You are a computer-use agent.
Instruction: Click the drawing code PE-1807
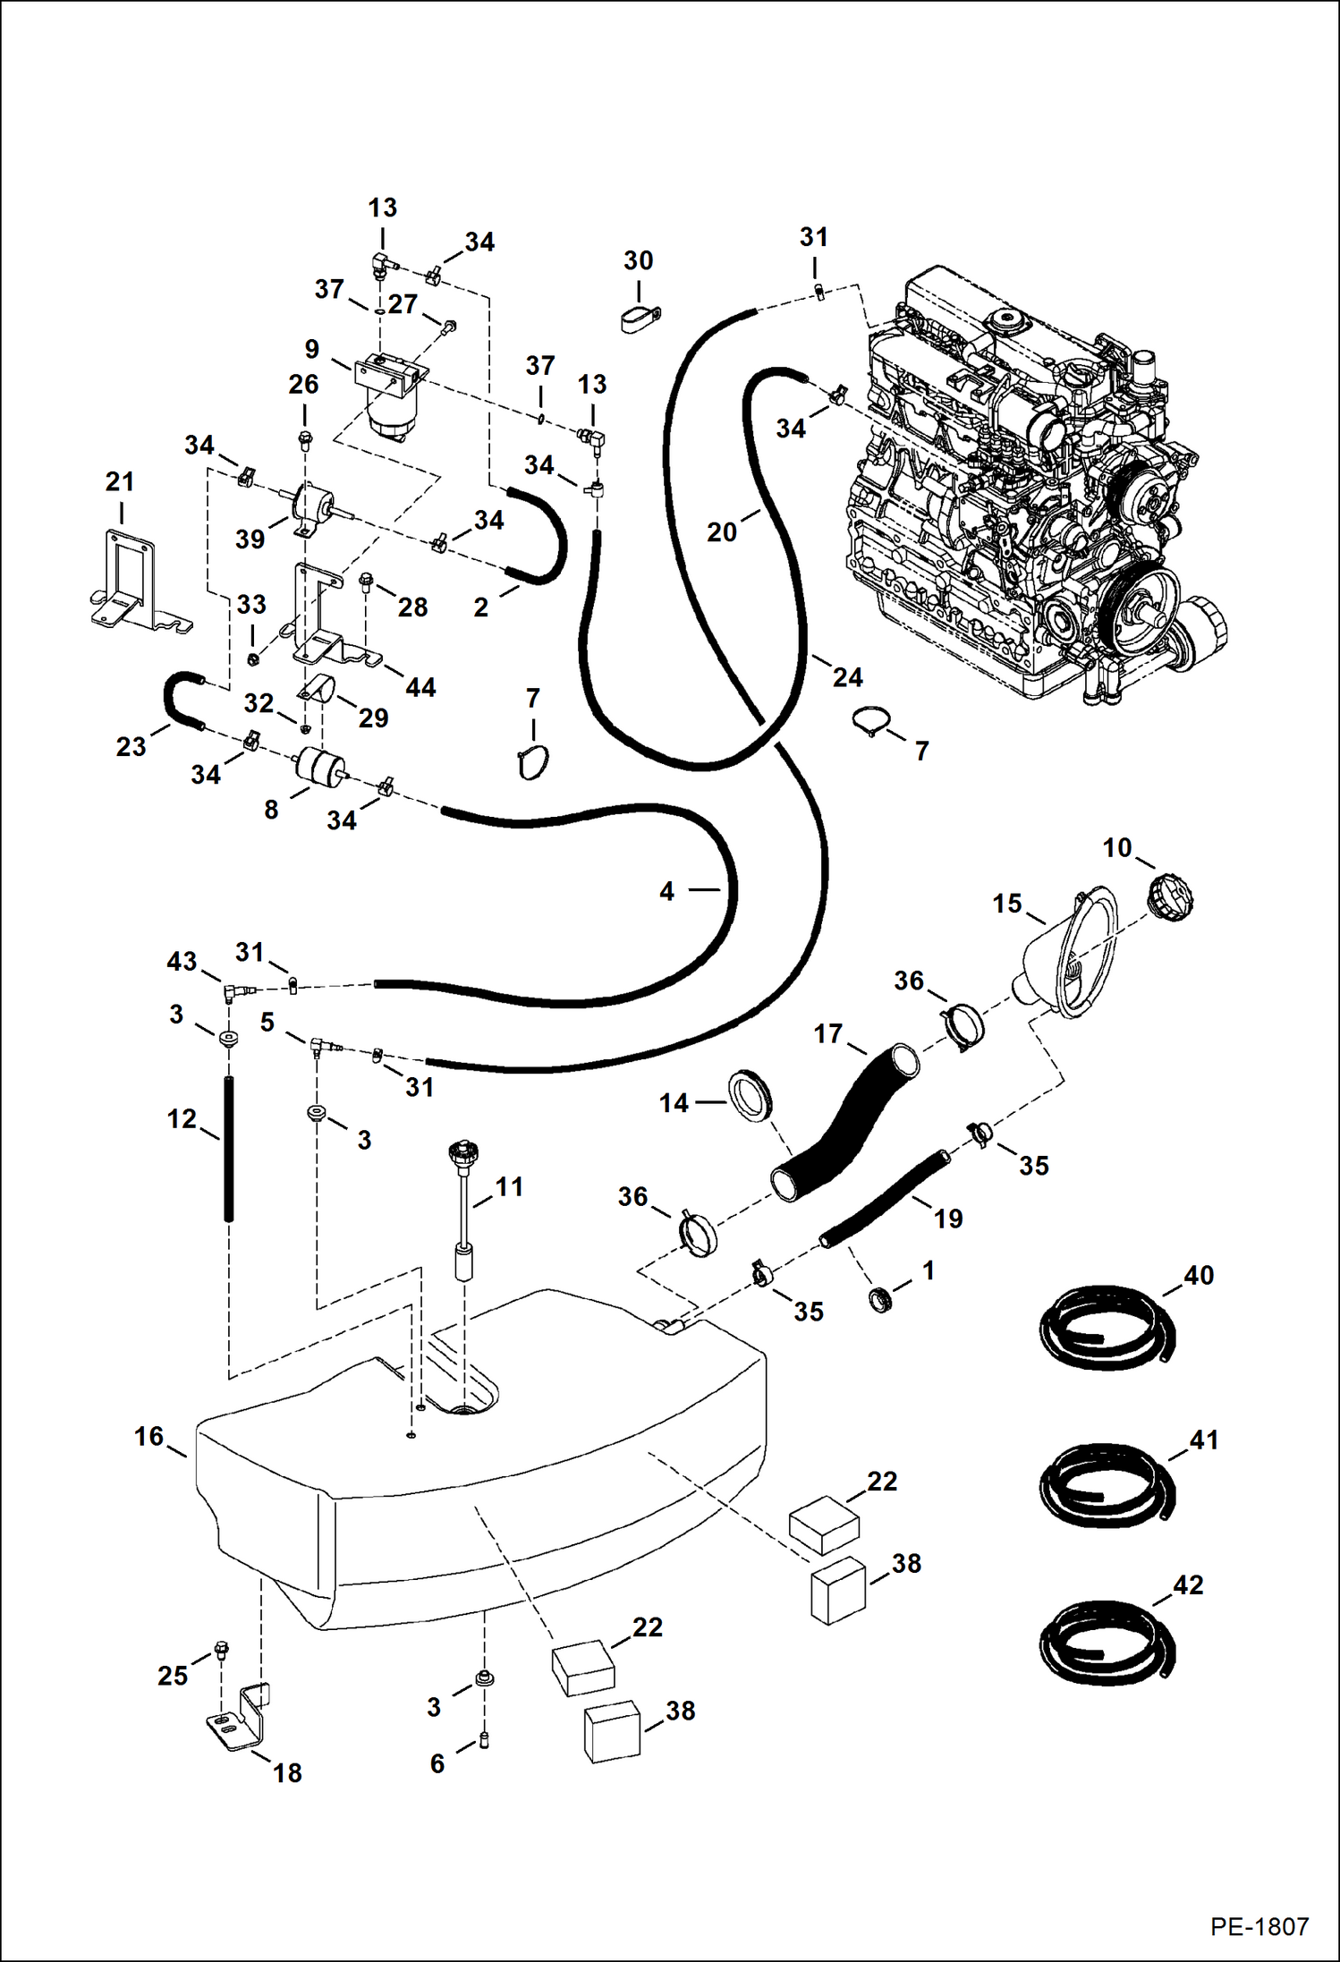pos(1259,1926)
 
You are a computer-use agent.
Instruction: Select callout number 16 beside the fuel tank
pos(148,1436)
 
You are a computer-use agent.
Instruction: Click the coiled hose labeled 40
pos(1107,1328)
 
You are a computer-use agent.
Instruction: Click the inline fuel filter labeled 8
pos(319,768)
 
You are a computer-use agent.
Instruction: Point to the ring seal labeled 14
pos(751,1093)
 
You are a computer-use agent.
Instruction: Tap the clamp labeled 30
pos(640,318)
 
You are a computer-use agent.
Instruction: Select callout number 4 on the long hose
pos(666,891)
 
